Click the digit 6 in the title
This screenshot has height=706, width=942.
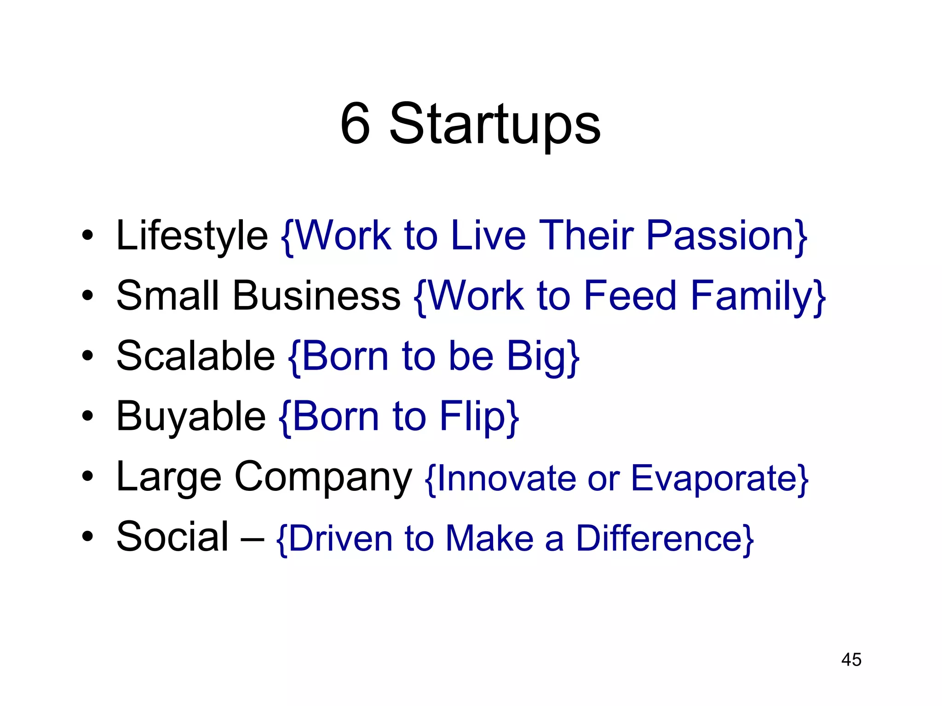click(x=356, y=124)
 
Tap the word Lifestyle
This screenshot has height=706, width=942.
click(x=192, y=236)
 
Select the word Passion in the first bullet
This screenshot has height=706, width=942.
click(x=720, y=236)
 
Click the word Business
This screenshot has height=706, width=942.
click(x=317, y=296)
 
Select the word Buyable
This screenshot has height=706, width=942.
click(x=191, y=417)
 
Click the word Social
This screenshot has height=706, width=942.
click(x=172, y=537)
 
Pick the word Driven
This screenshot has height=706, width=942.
click(x=340, y=538)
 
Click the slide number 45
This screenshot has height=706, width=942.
click(x=851, y=660)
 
